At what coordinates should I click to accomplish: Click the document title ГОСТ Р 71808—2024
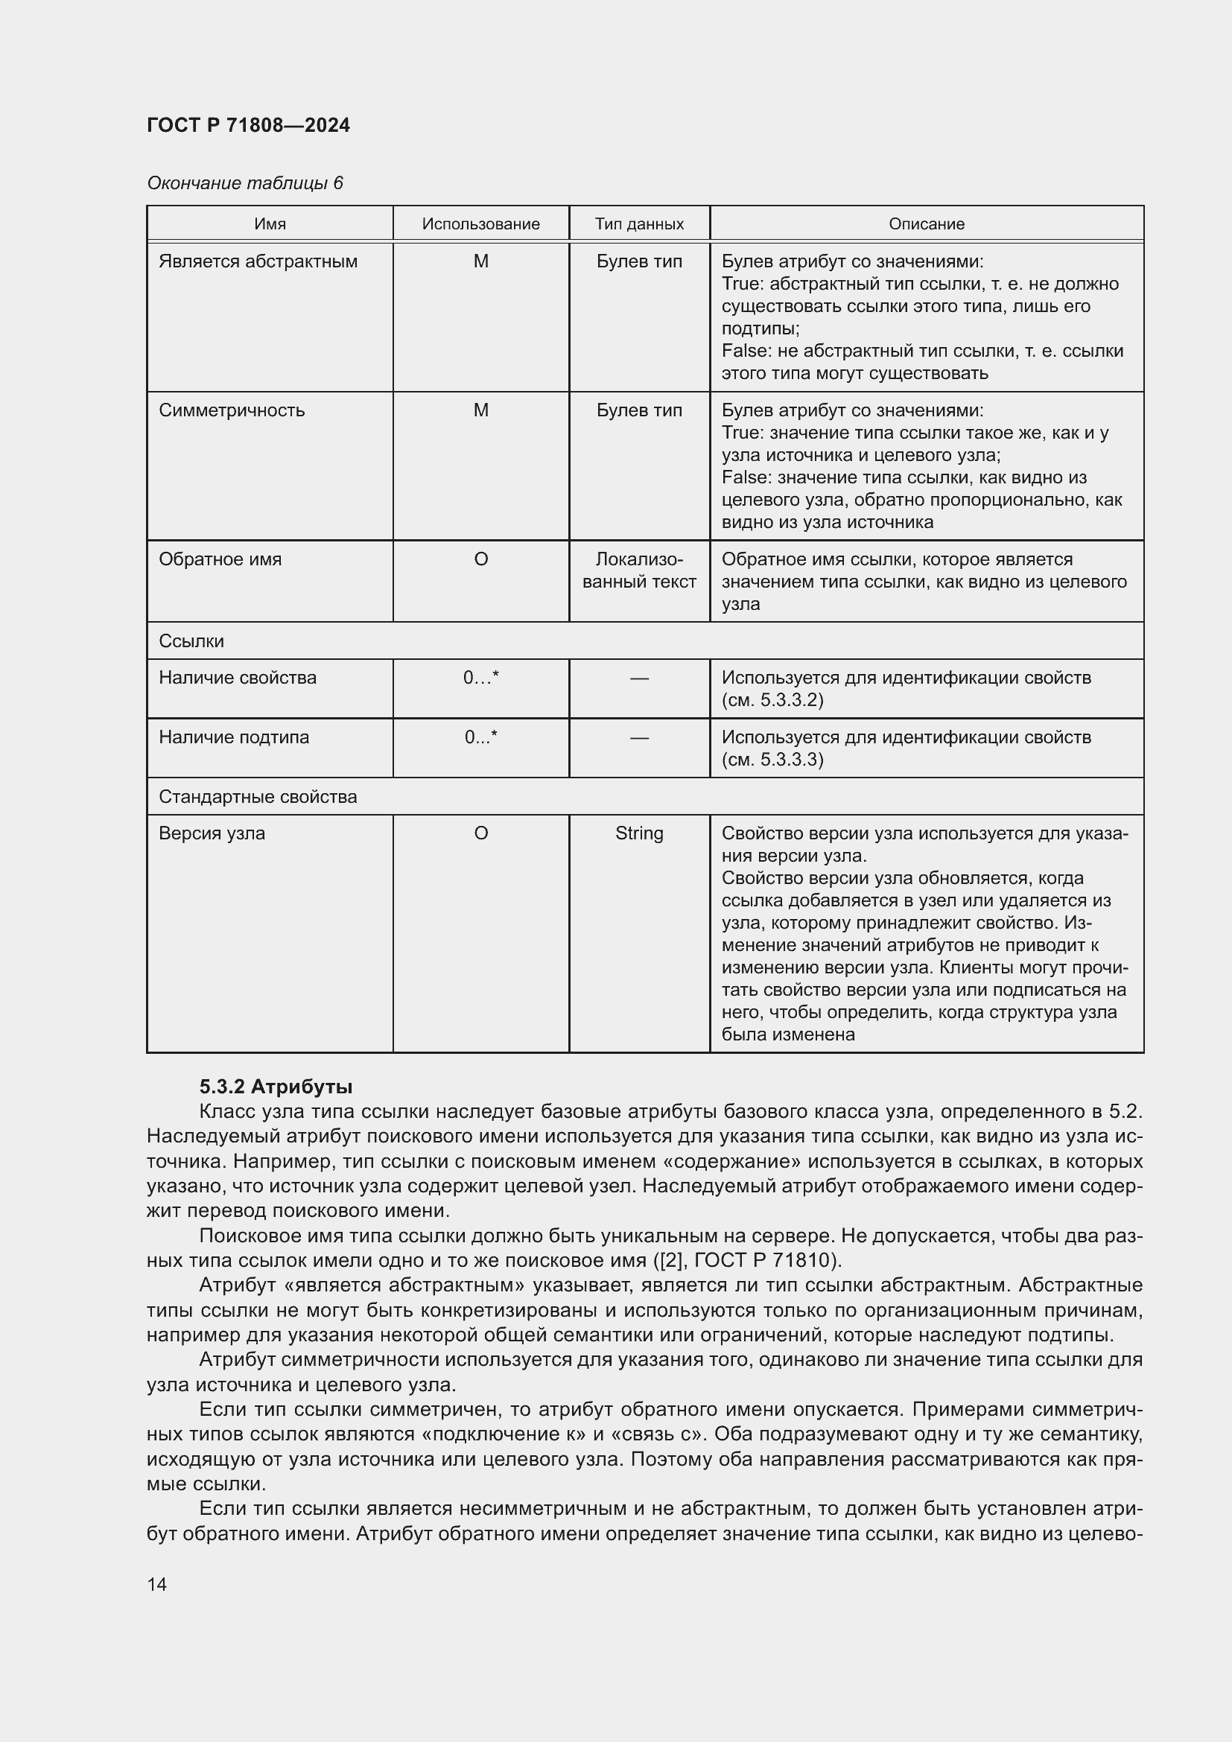(x=248, y=125)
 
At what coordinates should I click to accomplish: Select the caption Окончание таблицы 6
(x=244, y=183)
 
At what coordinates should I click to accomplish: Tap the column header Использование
(x=480, y=224)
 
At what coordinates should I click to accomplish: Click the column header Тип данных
(x=639, y=224)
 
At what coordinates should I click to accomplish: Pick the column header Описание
(x=927, y=224)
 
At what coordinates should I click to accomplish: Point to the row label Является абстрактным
(x=258, y=261)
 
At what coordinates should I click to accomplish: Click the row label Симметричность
(x=232, y=410)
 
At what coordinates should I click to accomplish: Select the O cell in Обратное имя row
(x=480, y=559)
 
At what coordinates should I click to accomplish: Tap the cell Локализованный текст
(x=639, y=570)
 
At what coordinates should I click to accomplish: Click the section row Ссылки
(x=191, y=641)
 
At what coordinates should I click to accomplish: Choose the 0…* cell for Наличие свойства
(x=480, y=678)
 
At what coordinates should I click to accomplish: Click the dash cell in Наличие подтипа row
(x=639, y=737)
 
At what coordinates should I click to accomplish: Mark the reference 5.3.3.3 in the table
(x=790, y=760)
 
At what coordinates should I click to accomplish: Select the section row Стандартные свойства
(x=257, y=797)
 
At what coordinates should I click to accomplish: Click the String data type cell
(x=639, y=833)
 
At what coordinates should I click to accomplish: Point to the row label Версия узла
(x=212, y=833)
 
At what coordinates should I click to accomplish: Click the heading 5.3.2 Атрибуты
(x=276, y=1087)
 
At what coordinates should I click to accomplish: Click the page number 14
(x=157, y=1584)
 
